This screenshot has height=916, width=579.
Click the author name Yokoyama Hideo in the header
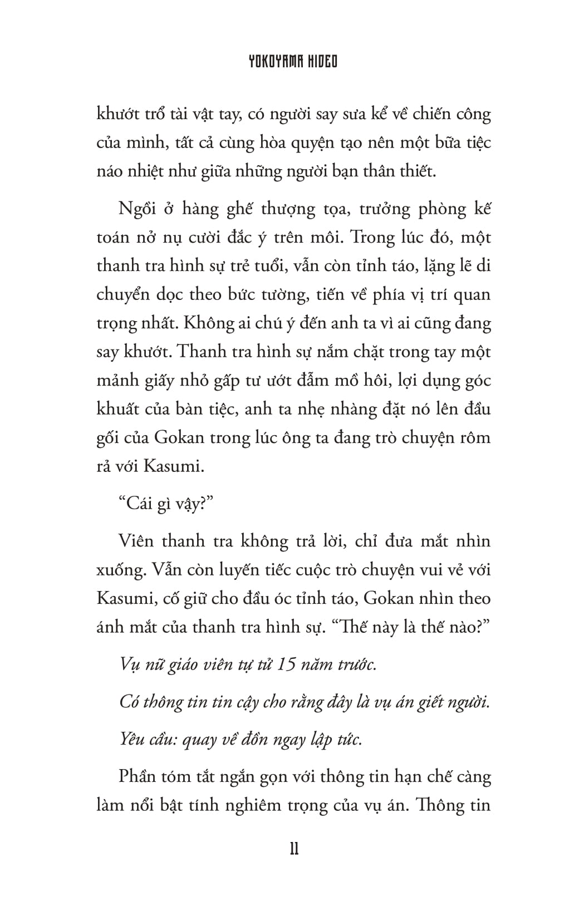coord(293,61)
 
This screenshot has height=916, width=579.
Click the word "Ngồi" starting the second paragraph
coord(136,209)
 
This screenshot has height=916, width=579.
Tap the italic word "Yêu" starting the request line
coord(131,740)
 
